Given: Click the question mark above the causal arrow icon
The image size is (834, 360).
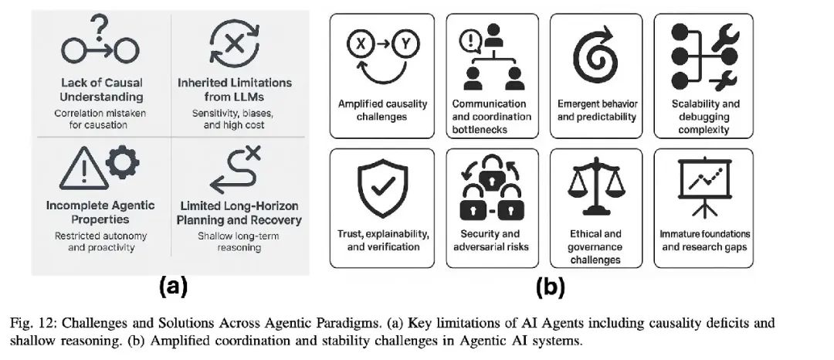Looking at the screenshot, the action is click(100, 27).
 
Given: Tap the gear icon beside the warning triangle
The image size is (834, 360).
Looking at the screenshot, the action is click(122, 161).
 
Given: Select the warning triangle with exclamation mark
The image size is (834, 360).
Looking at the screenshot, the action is click(83, 168).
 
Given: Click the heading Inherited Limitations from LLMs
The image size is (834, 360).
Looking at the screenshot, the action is click(235, 90).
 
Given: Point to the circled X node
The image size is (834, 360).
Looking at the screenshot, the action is click(361, 43).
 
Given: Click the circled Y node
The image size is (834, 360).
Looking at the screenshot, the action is click(406, 43).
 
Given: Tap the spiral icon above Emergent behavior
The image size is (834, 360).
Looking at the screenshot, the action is click(597, 56).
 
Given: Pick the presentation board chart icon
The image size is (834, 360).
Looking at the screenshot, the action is click(705, 187).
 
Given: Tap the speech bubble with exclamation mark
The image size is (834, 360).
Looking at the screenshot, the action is click(471, 42).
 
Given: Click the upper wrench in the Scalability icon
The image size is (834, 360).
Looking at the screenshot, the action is click(725, 39).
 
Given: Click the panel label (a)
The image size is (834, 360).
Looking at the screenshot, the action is click(174, 287).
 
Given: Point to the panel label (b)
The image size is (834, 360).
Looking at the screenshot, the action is click(550, 287).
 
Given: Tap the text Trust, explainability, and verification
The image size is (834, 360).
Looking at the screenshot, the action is click(383, 240).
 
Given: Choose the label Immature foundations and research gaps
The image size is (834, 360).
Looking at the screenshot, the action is click(705, 240).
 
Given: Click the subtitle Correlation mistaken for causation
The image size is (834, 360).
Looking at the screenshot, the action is click(100, 119).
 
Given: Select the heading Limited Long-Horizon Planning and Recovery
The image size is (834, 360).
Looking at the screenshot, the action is click(239, 212).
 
